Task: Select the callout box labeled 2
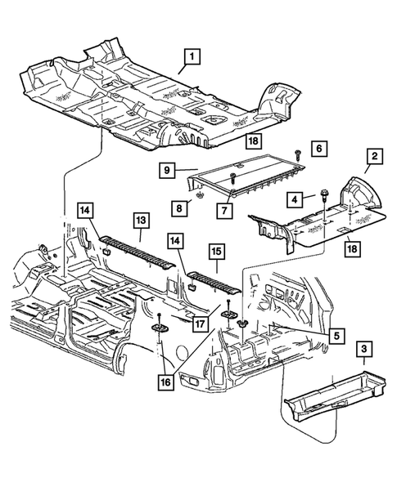click(x=372, y=155)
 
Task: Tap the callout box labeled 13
click(x=141, y=220)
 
